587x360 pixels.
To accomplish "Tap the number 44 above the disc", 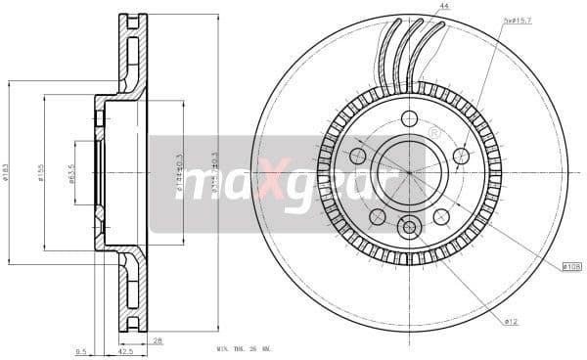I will pos(444,7).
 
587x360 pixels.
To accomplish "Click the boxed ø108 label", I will pos(572,265).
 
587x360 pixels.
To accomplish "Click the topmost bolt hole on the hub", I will pos(409,118).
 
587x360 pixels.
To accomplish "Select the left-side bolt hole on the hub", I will pos(358,156).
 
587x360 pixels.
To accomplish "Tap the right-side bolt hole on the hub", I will pos(461,156).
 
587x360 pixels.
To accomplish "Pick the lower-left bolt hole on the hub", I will pos(378,216).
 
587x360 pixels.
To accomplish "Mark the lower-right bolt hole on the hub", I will pos(441,216).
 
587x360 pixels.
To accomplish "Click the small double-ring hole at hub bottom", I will pos(409,228).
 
